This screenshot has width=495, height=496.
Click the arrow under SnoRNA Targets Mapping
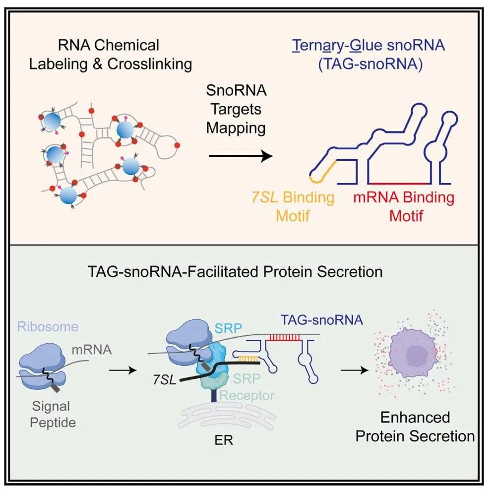click(241, 157)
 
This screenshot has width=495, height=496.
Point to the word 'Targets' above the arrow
click(236, 109)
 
